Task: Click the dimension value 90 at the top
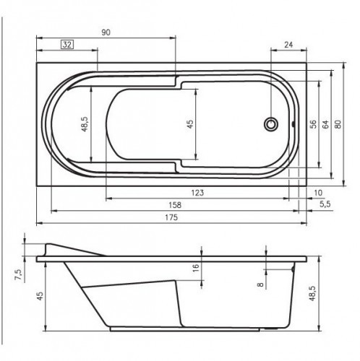(106, 32)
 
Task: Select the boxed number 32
(67, 44)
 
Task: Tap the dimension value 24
(288, 45)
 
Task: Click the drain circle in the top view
(272, 123)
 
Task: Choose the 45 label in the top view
(190, 123)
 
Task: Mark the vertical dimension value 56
(313, 123)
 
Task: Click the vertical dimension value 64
(325, 123)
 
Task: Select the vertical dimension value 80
(339, 123)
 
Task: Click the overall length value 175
(171, 218)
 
